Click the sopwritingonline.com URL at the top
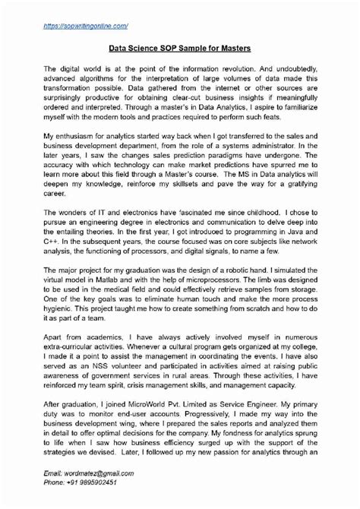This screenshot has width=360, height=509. coord(85,25)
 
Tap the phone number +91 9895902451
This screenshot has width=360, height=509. coord(91,482)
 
